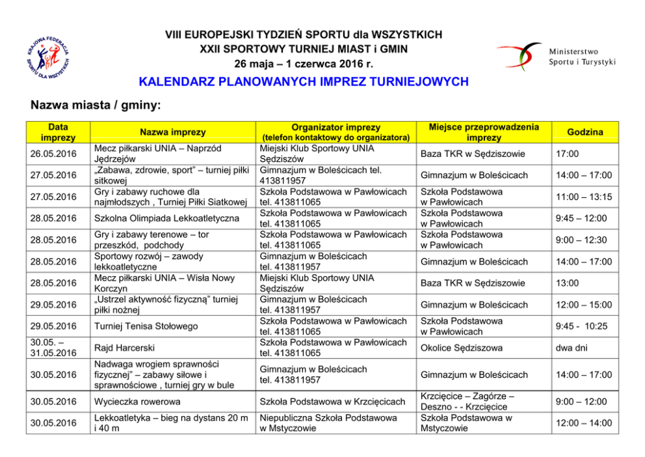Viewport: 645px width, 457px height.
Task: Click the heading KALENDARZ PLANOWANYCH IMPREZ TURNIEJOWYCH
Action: coord(304,82)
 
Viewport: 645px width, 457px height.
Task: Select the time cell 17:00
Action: coord(566,154)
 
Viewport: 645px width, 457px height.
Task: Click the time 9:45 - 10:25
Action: coord(581,326)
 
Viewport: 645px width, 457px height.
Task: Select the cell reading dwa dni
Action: coord(571,348)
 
